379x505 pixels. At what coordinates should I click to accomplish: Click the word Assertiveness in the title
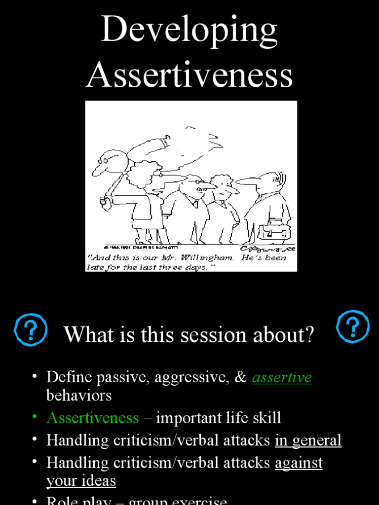click(x=189, y=75)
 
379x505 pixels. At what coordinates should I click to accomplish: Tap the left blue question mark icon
click(x=31, y=329)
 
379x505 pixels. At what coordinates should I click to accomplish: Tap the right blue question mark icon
click(x=353, y=327)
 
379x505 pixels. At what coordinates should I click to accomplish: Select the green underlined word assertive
click(x=282, y=378)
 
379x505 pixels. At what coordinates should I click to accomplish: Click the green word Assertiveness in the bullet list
click(x=92, y=418)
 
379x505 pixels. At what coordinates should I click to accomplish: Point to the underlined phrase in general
click(x=308, y=440)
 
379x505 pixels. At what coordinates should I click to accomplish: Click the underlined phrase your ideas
click(x=81, y=481)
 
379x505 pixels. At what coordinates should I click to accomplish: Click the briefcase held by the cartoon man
click(x=274, y=231)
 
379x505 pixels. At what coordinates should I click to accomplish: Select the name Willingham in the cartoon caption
click(x=210, y=258)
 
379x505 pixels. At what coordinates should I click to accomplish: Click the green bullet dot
click(x=35, y=417)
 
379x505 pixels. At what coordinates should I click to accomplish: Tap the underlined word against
click(x=299, y=463)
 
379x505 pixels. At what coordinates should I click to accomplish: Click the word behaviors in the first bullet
click(x=79, y=396)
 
